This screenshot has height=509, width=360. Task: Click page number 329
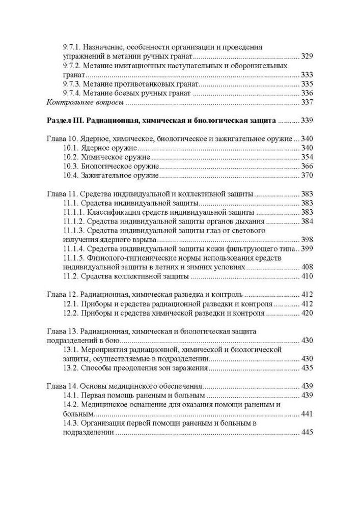point(307,56)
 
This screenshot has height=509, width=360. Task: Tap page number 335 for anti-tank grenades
point(307,84)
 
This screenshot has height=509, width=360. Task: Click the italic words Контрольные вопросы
point(85,102)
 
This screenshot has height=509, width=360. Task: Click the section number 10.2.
point(72,157)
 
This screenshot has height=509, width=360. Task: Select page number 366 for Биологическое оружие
point(307,166)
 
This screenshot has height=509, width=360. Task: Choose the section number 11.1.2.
point(73,221)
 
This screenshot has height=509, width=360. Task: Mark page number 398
point(307,240)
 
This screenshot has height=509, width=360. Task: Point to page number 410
point(307,276)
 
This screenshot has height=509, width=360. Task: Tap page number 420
point(307,313)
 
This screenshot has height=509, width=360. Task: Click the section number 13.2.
point(72,368)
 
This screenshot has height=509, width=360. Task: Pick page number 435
point(307,368)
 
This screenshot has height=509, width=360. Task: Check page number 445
point(307,432)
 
